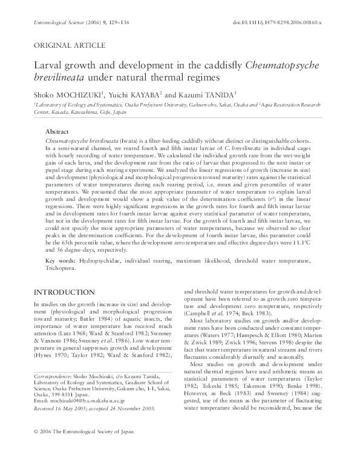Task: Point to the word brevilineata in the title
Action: pos(59,77)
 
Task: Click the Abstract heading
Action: pos(59,131)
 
